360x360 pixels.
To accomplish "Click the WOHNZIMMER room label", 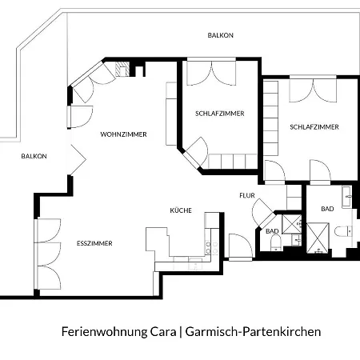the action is (x=123, y=134).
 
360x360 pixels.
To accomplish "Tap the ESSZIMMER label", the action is (x=94, y=243).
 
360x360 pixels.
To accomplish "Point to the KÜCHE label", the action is (x=181, y=210).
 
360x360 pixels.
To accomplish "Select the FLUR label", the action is (x=247, y=195).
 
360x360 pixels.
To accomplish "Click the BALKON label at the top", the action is (x=221, y=35).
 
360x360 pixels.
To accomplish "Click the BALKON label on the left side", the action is (x=34, y=156).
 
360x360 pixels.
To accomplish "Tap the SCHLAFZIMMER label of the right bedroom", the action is (x=314, y=127).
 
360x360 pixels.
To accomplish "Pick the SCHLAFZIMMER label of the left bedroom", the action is (x=220, y=114).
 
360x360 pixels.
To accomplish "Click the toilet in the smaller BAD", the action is (x=276, y=243).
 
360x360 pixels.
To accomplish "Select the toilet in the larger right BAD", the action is (x=343, y=231).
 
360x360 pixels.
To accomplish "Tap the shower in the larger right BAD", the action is (x=318, y=238).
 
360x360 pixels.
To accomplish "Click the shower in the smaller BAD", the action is (x=292, y=224).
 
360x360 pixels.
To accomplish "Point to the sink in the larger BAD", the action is (x=346, y=197).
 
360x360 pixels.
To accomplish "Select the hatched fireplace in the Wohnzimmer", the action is (x=122, y=69).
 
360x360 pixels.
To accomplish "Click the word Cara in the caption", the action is (x=163, y=331).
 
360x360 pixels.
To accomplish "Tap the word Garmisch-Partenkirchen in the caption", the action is (x=253, y=331).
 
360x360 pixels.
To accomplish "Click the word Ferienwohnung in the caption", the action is (x=105, y=332).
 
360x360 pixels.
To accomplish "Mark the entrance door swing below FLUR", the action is (x=240, y=246).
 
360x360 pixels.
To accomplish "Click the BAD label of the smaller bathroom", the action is (x=272, y=231).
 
